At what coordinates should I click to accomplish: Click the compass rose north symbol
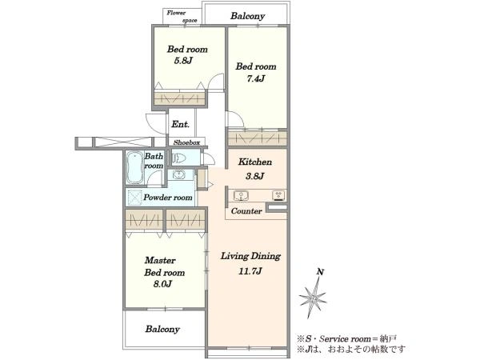point(313,296)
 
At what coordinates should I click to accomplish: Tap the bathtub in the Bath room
point(134,167)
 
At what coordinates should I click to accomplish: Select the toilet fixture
point(180,158)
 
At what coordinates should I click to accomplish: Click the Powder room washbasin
point(179,174)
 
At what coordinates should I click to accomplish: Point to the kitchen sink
point(242,196)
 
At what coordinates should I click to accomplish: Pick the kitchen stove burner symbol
point(278,195)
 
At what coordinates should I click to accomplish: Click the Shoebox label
point(186,142)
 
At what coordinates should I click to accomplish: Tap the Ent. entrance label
point(180,124)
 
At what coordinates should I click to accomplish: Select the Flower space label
point(182,17)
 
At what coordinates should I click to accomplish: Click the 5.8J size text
point(183,61)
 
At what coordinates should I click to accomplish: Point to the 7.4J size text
point(256,78)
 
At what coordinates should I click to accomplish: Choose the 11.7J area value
point(250,271)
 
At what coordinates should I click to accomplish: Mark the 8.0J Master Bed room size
point(162,284)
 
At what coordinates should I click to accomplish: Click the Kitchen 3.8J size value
point(254,176)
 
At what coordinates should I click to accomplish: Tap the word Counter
point(246,211)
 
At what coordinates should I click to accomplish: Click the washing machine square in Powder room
point(134,197)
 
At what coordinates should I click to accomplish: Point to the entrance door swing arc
point(155,124)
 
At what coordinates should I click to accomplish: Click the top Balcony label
point(248,16)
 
